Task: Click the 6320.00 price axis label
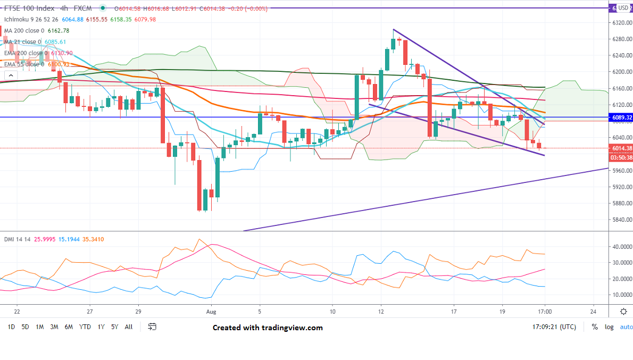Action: coord(620,23)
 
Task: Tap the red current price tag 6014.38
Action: coord(621,148)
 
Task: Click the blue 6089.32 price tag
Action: coord(621,117)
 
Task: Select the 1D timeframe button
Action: coord(11,327)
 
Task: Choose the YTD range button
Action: coord(85,327)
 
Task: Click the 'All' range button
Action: coord(129,327)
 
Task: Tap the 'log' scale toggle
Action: coord(609,327)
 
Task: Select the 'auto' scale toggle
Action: coord(626,327)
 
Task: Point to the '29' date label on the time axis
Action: coord(138,312)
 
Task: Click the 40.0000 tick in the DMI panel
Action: coord(621,247)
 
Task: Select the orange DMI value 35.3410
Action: coord(93,239)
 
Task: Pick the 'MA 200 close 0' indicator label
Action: coord(26,31)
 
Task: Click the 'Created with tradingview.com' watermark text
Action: coord(268,328)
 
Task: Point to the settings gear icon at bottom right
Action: coord(623,311)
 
